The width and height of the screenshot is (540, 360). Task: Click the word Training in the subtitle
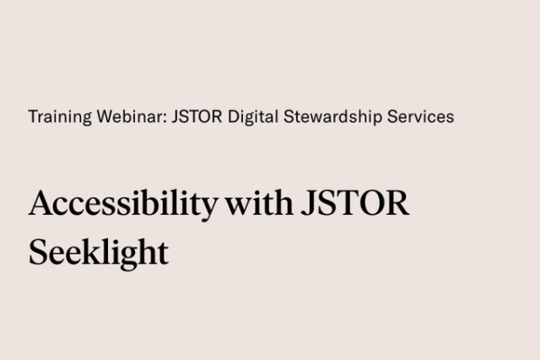pos(55,117)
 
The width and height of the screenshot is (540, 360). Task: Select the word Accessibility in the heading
pos(122,203)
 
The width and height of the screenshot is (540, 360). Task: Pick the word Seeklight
pos(98,253)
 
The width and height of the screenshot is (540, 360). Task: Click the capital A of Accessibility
pos(40,202)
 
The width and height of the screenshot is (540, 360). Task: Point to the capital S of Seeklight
pos(38,252)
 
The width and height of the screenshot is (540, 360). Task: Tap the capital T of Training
pos(32,117)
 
